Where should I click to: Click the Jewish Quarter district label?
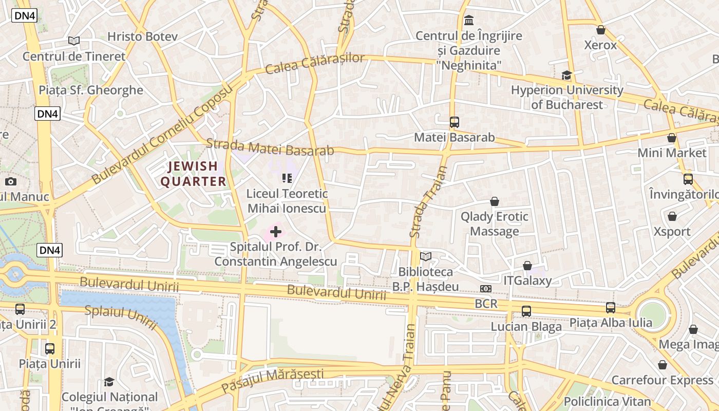click(193, 174)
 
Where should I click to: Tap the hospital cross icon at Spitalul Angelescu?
click(276, 232)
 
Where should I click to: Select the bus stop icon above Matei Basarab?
click(455, 122)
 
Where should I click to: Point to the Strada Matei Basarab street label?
click(270, 147)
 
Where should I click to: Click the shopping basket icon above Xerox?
click(601, 30)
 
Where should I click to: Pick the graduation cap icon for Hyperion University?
click(566, 76)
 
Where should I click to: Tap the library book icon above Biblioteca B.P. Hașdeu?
click(426, 256)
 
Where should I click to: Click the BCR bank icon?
click(486, 289)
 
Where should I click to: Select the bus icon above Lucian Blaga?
click(526, 311)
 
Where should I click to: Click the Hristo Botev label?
click(142, 36)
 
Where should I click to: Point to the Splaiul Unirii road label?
click(120, 316)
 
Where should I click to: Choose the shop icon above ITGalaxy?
click(527, 266)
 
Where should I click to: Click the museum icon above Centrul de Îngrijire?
click(469, 21)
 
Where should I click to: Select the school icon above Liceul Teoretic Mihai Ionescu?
click(287, 178)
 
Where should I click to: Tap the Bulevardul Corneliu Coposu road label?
click(162, 134)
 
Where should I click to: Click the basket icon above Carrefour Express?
click(663, 365)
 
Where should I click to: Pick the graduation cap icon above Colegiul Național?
click(109, 382)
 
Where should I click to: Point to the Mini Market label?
click(672, 153)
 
